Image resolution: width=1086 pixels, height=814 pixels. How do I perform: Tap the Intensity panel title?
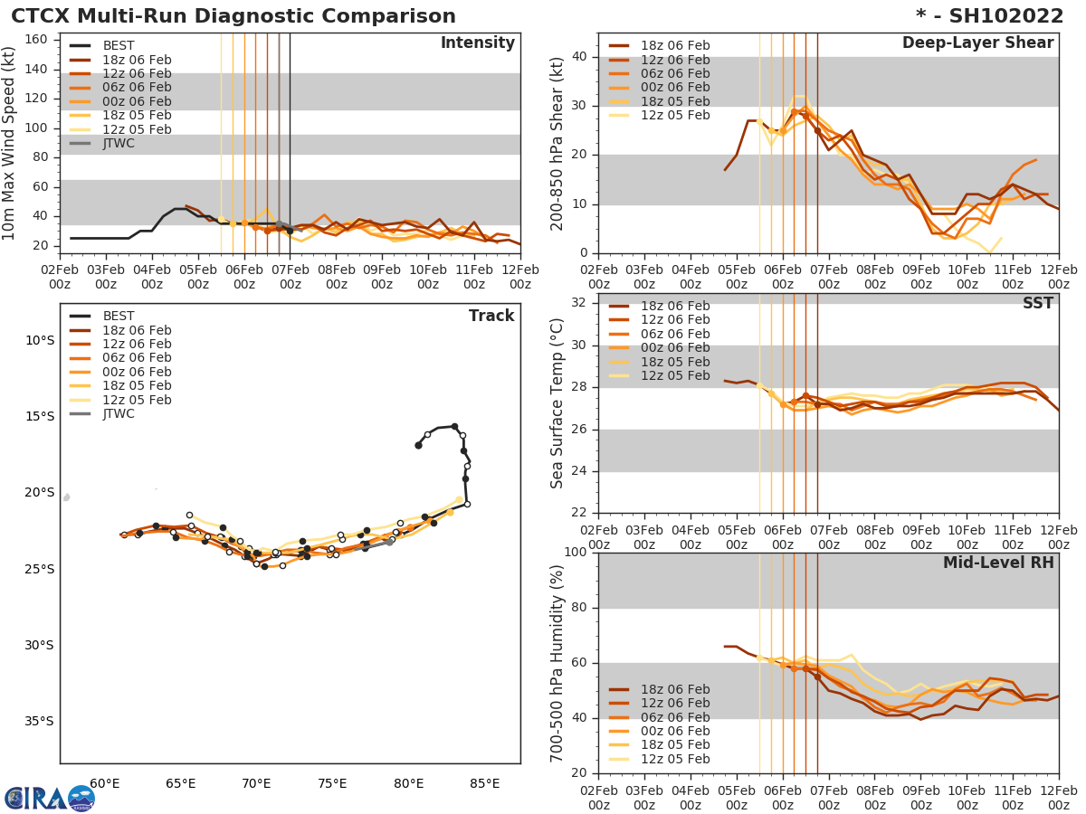pos(477,43)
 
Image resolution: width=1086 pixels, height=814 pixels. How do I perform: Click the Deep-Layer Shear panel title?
pos(977,43)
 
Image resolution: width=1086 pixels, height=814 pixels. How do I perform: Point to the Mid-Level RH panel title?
pos(998,563)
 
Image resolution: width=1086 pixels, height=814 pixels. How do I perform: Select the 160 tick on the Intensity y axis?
pos(38,39)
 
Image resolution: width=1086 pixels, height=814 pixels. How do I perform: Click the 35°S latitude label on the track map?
pos(38,721)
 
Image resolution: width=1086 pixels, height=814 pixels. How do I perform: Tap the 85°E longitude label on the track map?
pos(485,783)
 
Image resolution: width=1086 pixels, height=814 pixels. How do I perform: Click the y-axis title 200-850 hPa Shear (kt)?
pos(557,143)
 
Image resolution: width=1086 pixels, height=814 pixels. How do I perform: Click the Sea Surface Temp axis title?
pos(557,403)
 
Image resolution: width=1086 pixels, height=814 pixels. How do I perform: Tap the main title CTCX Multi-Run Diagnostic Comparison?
pos(233,16)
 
